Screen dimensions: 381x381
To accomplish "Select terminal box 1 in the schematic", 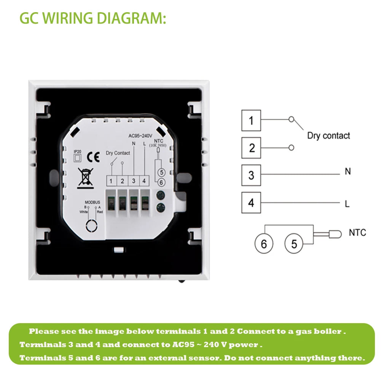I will pos(251,120).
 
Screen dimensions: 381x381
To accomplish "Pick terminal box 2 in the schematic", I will pos(251,148).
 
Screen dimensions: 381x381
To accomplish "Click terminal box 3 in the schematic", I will pos(251,175).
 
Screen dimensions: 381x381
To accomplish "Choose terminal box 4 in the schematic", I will pos(251,202).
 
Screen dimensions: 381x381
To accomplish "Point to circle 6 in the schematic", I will pos(264,244).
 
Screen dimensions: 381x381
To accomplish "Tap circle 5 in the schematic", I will pos(294,244).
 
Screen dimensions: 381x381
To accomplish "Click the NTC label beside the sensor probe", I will pos(357,233).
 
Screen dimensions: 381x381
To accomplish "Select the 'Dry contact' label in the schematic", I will pos(328,136).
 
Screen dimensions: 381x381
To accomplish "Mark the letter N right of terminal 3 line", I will pos(348,172).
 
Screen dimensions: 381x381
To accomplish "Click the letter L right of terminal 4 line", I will pos(347,204).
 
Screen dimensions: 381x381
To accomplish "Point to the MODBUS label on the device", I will pos(92,202).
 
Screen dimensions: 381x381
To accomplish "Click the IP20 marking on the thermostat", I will pos(77,151).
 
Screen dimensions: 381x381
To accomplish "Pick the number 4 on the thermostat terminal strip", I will pos(144,181).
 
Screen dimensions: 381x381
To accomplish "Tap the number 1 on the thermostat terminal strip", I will pos(111,181).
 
